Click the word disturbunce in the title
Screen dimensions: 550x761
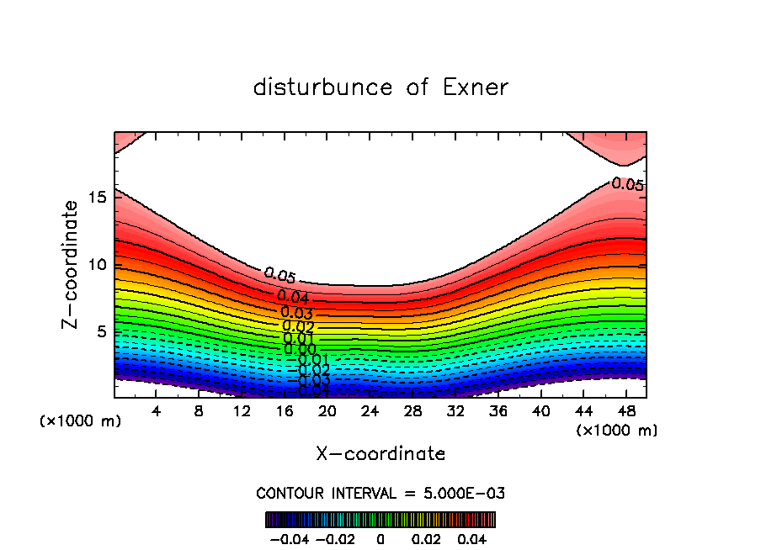pos(323,87)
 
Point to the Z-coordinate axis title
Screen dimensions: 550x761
pos(71,264)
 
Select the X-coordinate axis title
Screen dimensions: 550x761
pos(380,454)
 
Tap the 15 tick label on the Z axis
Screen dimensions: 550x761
pos(96,198)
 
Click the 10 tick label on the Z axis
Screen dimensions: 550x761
pos(96,265)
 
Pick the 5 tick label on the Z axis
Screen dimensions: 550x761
pos(101,332)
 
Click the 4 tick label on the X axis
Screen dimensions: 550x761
pos(156,411)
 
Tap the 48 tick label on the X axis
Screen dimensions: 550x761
pos(626,411)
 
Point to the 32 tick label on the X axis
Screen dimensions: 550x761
pos(455,411)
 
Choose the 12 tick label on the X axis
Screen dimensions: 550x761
pos(242,411)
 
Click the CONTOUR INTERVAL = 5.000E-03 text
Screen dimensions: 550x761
pos(380,493)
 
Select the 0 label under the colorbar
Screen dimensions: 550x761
pos(380,537)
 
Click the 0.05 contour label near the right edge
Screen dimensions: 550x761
pos(627,183)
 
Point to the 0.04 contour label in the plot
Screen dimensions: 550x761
pos(293,297)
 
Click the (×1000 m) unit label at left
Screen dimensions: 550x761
pos(81,421)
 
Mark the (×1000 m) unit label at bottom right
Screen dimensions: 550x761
pos(617,431)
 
